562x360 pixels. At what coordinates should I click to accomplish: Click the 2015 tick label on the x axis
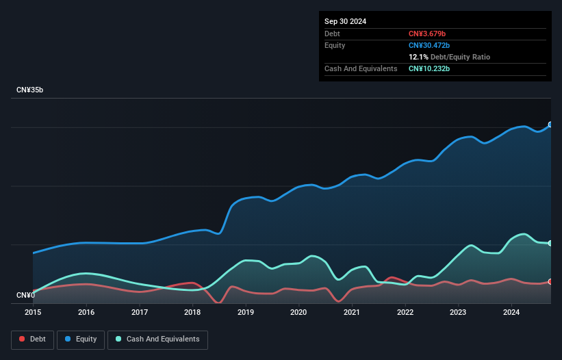(33, 312)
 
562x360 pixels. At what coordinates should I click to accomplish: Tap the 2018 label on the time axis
(192, 312)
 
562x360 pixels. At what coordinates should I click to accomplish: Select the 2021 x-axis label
(352, 312)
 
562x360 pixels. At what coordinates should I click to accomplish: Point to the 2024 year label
(511, 312)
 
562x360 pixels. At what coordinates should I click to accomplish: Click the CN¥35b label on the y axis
(29, 90)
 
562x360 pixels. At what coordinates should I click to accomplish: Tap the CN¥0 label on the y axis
(26, 295)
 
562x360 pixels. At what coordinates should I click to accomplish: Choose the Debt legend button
(32, 339)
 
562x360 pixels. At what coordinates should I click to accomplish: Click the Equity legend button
(81, 339)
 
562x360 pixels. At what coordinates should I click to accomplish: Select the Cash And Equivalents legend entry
(157, 339)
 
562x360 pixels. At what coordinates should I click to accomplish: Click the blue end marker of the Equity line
(550, 125)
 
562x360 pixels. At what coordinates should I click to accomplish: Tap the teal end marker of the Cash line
(550, 243)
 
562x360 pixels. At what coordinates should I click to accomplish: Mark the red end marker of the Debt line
(550, 281)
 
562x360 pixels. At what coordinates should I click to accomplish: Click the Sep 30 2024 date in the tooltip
(345, 21)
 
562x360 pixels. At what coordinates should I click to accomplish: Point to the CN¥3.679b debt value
(427, 34)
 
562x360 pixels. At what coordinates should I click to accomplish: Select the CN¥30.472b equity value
(429, 45)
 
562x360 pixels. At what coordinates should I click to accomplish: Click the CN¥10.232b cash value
(429, 68)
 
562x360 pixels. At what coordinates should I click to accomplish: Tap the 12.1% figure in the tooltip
(418, 57)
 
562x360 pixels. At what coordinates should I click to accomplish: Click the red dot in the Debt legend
(22, 339)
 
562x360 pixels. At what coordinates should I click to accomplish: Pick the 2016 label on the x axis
(86, 312)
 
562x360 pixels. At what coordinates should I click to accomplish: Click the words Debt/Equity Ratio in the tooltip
(460, 57)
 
